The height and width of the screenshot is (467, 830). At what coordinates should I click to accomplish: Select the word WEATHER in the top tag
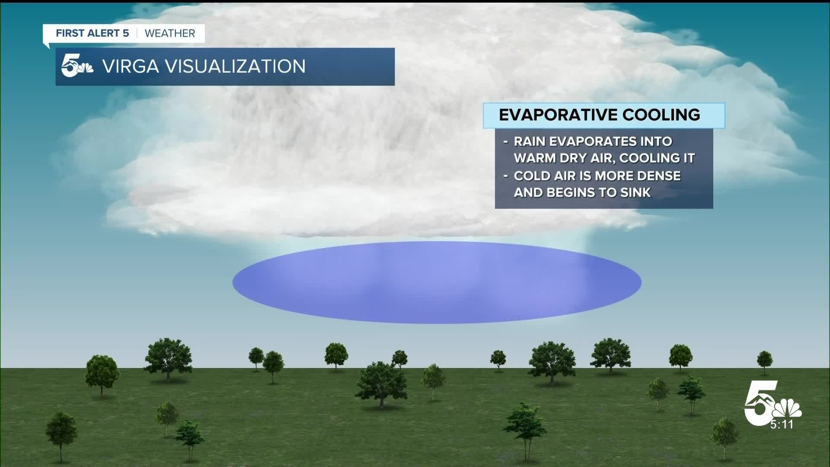tap(170, 33)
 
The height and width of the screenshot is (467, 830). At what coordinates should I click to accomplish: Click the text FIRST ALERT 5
tap(93, 33)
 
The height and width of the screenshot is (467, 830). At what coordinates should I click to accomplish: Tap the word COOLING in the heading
tap(661, 115)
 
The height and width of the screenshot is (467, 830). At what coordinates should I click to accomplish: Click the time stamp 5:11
tap(782, 425)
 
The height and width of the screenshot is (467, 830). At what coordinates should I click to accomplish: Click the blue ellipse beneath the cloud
tap(437, 282)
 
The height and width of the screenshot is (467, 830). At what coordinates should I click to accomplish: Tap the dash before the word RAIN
tap(506, 142)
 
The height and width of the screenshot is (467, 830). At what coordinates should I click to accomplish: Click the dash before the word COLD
tap(506, 176)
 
